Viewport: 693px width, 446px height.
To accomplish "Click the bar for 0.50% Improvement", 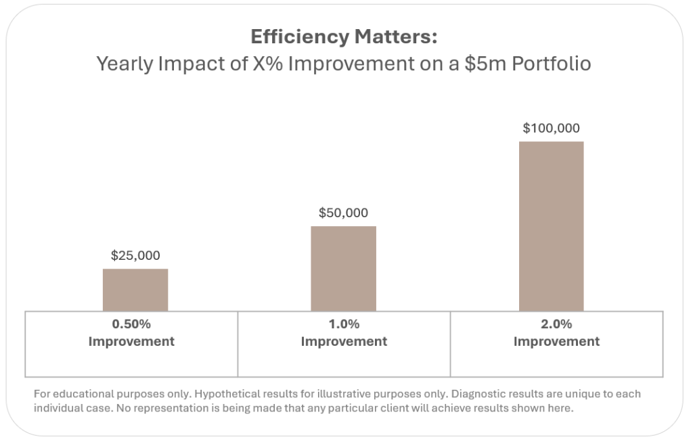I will click(135, 290).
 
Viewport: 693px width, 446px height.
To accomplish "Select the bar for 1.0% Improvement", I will click(343, 268).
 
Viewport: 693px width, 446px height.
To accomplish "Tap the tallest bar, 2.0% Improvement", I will click(551, 226).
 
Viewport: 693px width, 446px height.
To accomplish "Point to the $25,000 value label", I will click(135, 256).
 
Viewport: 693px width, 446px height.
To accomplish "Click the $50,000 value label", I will click(343, 213).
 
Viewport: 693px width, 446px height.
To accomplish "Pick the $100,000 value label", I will click(551, 129).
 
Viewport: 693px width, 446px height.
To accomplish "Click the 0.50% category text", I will click(131, 324).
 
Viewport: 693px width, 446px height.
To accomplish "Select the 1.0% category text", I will click(344, 324).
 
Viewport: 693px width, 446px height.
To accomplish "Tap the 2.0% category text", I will click(556, 324).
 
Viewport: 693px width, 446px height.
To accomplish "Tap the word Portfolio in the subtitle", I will click(555, 64).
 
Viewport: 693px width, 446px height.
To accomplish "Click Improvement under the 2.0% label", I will click(556, 341).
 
